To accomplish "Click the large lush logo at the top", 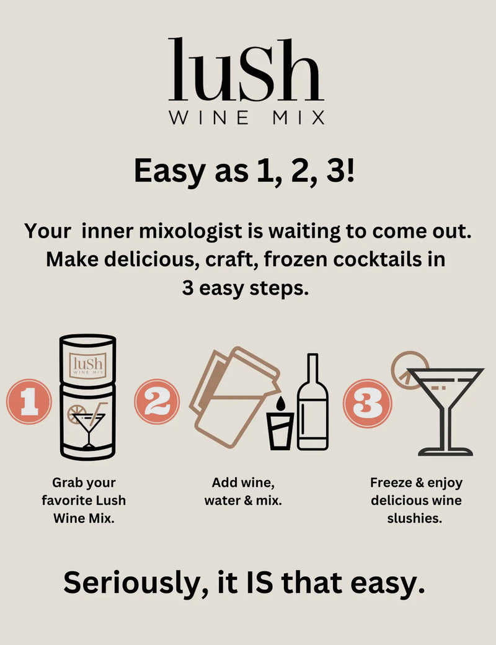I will (x=246, y=70).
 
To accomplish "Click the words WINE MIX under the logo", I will (x=246, y=117).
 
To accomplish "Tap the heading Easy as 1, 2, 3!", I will (x=246, y=171).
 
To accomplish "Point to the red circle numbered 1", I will (x=28, y=402).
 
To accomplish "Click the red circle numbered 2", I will (x=157, y=402).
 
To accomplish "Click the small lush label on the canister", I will (x=87, y=364).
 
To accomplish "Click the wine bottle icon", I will (x=312, y=403).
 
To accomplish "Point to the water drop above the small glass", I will (x=279, y=403).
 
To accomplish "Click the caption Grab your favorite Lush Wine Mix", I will (x=84, y=500).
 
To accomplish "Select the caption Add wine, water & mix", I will (x=243, y=491).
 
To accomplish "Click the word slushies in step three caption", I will (x=415, y=518).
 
